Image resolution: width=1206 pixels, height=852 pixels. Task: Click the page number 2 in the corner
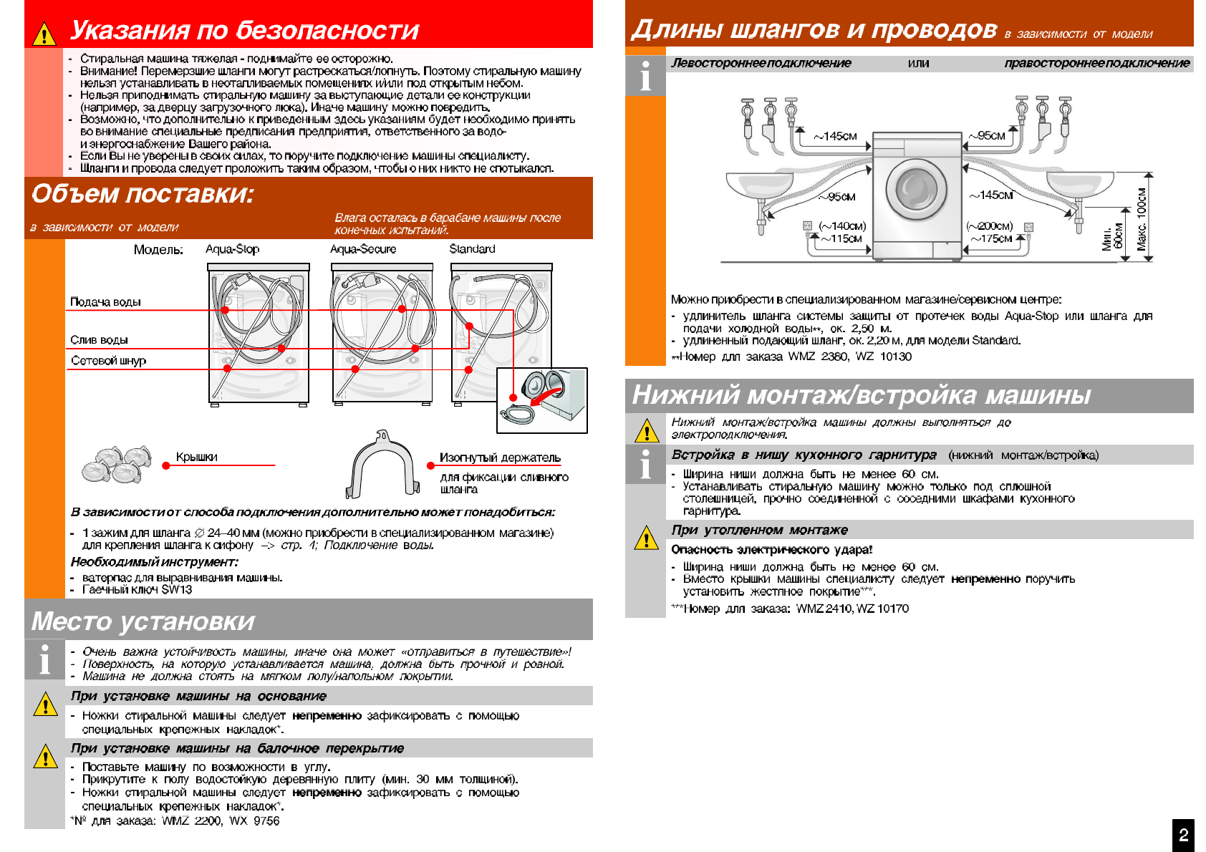click(x=1183, y=835)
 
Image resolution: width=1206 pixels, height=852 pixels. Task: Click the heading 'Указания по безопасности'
click(x=244, y=30)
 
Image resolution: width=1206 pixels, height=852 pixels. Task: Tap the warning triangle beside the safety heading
click(x=44, y=34)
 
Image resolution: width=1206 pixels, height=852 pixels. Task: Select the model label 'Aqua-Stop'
click(x=232, y=249)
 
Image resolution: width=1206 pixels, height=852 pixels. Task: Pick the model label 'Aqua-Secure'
click(x=362, y=249)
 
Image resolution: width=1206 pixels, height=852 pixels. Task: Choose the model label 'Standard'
click(x=472, y=249)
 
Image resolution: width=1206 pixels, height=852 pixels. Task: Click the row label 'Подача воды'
click(x=105, y=302)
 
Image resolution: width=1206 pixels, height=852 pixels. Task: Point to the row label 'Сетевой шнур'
click(x=108, y=361)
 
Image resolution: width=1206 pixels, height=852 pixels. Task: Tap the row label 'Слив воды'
click(x=99, y=340)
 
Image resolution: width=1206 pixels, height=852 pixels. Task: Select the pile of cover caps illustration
click(x=117, y=464)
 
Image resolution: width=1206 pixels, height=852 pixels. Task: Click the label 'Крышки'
click(x=196, y=458)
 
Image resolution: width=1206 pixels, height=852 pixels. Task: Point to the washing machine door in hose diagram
click(x=916, y=189)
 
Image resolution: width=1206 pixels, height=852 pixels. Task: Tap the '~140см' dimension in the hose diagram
click(x=843, y=226)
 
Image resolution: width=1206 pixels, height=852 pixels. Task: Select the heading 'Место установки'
click(x=143, y=621)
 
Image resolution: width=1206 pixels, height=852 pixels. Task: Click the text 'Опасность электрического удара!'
click(x=771, y=550)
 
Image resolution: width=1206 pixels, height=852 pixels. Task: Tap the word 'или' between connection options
click(x=918, y=63)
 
